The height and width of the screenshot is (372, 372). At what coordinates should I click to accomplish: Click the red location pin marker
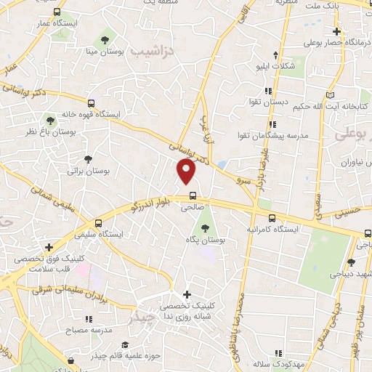pyautogui.click(x=187, y=171)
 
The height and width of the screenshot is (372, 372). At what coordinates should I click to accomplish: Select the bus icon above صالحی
pyautogui.click(x=192, y=195)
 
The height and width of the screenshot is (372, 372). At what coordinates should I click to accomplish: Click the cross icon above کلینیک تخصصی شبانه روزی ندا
pyautogui.click(x=187, y=294)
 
